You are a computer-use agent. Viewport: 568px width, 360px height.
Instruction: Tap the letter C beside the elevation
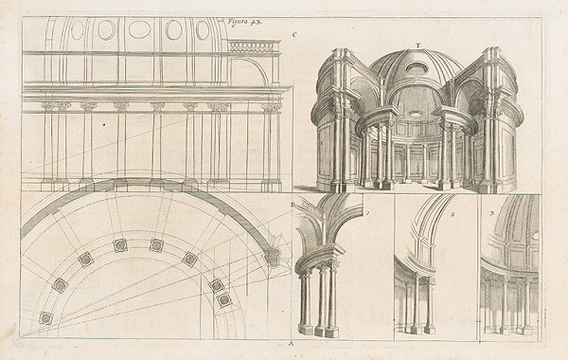294,36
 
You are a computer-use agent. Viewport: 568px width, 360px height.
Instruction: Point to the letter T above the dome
417,45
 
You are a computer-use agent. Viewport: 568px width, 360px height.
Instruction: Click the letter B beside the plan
293,204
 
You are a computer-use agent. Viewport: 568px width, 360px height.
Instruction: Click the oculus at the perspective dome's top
417,68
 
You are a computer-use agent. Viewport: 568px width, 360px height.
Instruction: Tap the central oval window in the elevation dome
139,29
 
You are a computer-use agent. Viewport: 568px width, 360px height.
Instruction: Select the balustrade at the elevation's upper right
253,45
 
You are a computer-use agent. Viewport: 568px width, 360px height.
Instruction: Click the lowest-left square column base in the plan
45,318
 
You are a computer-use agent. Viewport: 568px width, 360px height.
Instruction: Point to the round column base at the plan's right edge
274,254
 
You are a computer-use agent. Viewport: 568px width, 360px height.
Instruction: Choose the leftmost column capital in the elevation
47,107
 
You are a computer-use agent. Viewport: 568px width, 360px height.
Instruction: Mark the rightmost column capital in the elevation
272,108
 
